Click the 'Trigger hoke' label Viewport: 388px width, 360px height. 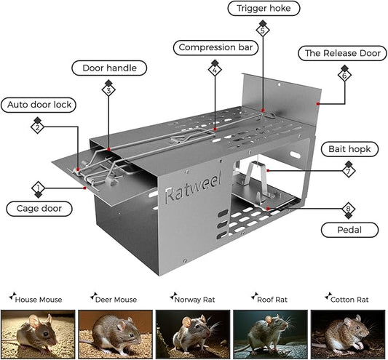[x=264, y=9]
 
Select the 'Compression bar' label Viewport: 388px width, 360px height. [x=215, y=47]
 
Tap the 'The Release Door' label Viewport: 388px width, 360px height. [x=342, y=53]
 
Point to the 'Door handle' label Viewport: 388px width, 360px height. [x=109, y=68]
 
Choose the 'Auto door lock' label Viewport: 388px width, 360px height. [x=39, y=105]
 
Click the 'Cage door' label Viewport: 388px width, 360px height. [x=39, y=209]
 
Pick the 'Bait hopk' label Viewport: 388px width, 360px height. [x=349, y=149]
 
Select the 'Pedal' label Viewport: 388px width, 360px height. [x=349, y=230]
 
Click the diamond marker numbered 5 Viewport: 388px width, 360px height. [x=263, y=31]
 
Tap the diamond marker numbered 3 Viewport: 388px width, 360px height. [x=108, y=90]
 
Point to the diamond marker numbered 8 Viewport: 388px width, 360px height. [x=349, y=209]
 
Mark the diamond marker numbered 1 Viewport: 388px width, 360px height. [x=38, y=188]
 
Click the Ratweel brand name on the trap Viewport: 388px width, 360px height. [x=193, y=188]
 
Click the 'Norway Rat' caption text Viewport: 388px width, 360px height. [x=195, y=300]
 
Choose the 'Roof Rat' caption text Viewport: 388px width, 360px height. [x=272, y=300]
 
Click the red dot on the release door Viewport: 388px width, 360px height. [x=317, y=104]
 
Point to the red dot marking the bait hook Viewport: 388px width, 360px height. [x=268, y=171]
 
